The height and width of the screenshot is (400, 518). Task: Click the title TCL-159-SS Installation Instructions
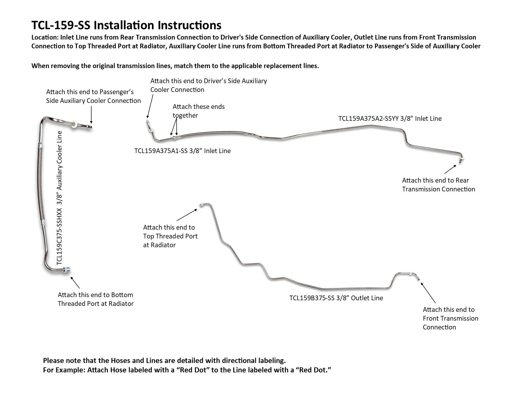(126, 25)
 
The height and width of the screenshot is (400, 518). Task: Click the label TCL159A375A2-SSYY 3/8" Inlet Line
(390, 119)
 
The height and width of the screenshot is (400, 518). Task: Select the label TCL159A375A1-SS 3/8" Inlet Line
(182, 151)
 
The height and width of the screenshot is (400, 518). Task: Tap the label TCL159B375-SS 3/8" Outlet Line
(336, 298)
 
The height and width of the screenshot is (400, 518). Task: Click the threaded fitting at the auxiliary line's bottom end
(67, 269)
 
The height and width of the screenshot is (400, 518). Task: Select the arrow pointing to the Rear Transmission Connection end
(450, 169)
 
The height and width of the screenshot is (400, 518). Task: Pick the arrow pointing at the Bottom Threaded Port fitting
(75, 282)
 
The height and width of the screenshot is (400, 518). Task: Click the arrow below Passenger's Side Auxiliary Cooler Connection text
(91, 115)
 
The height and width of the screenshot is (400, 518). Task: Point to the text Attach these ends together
(198, 111)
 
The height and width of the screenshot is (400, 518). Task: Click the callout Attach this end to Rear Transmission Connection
(438, 185)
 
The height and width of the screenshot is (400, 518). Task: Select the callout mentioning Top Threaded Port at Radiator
(170, 236)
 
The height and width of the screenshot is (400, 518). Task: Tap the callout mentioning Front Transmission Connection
(450, 318)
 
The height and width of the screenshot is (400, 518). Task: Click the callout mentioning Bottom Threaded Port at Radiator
(95, 299)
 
